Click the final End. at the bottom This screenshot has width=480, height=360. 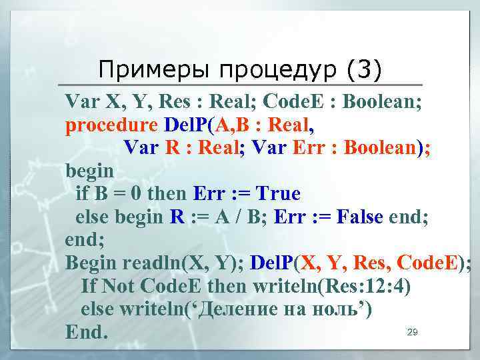(87, 331)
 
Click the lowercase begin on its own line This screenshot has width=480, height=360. (89, 171)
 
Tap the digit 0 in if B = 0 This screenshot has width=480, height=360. (135, 194)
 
